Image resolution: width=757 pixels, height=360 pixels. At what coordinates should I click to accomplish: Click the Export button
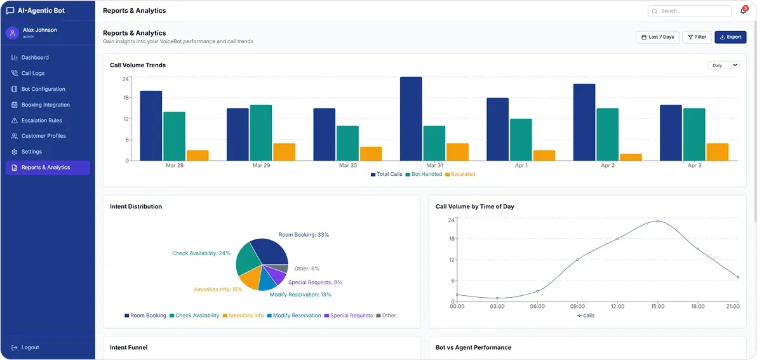point(730,37)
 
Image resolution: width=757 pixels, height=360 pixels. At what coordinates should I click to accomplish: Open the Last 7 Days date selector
point(657,37)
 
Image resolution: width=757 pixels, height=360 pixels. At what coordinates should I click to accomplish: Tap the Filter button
point(697,37)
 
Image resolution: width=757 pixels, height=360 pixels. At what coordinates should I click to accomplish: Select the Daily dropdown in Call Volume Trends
point(723,65)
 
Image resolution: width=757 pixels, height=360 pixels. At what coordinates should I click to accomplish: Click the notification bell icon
point(743,11)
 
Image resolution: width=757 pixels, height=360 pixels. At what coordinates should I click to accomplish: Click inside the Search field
point(690,11)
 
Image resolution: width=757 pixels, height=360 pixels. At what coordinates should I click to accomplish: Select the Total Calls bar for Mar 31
point(411,119)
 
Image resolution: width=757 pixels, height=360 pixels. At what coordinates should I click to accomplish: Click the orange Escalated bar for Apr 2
point(631,157)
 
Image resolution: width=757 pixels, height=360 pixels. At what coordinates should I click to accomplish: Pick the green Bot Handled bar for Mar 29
point(261,133)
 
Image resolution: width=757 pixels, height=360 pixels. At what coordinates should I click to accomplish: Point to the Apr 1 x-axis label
point(521,166)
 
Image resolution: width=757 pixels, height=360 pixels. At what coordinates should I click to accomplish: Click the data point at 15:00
point(657,221)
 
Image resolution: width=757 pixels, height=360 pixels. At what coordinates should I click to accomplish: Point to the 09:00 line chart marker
point(577,260)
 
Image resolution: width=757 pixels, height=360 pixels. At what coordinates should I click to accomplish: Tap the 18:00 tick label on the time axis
point(697,307)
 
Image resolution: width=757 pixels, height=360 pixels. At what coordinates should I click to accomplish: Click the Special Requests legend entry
point(348,316)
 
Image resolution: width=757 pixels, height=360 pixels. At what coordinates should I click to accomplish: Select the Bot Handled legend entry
point(424,174)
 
